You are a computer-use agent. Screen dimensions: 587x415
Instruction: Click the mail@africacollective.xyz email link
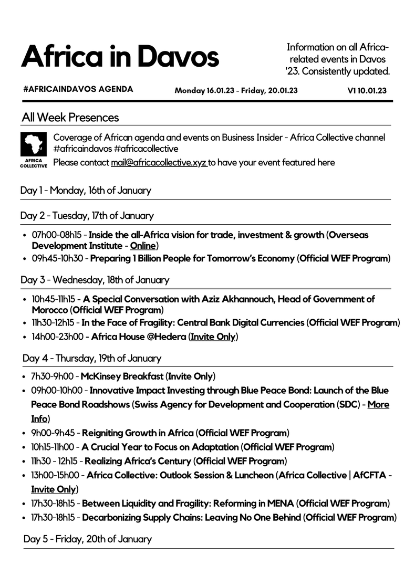tap(159, 162)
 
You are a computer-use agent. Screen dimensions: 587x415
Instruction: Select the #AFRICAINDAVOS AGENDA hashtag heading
tap(78, 89)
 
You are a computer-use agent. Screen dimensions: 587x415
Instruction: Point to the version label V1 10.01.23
tap(367, 90)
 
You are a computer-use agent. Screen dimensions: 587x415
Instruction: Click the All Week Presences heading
tap(70, 117)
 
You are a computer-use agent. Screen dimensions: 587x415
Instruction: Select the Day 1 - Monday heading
tap(86, 191)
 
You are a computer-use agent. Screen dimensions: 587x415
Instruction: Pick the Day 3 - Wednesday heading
tap(95, 280)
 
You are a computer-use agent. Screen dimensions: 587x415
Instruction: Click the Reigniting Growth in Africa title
tap(138, 433)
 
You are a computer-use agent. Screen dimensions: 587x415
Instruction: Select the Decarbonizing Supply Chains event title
tap(192, 518)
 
